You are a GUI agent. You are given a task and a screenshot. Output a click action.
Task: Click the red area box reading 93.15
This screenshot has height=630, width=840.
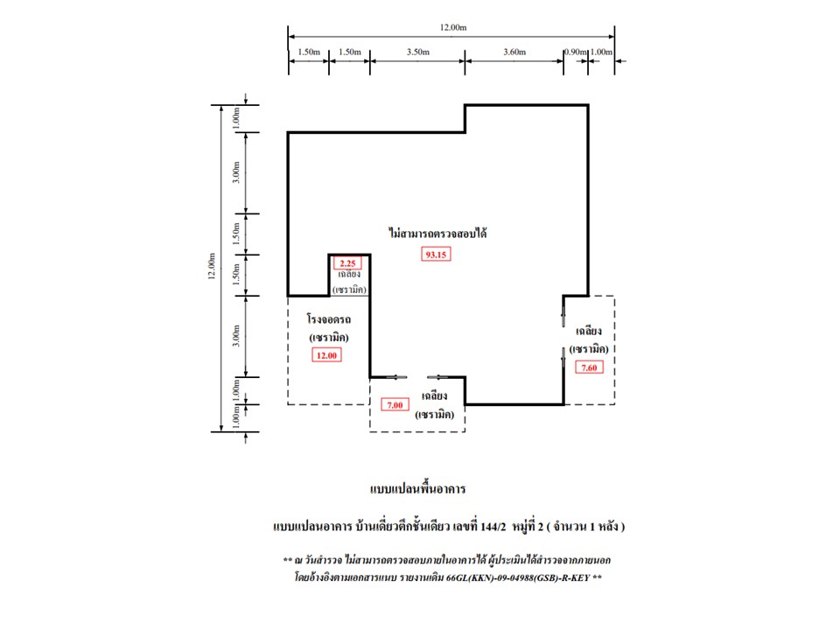436,255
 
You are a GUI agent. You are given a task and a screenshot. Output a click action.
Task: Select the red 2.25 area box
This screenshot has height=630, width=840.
347,263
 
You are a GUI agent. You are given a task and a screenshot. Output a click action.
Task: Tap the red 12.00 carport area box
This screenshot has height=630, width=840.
326,355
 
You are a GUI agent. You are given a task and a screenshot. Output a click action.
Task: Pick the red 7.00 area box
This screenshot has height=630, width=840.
395,405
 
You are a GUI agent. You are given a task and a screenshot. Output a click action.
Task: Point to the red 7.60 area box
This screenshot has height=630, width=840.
589,367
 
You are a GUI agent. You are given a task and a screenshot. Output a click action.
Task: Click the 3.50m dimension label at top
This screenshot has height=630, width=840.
418,52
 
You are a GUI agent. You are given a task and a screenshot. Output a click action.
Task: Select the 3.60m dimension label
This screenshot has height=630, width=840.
514,52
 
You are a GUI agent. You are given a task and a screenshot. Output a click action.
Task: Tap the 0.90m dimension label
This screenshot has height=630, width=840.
576,52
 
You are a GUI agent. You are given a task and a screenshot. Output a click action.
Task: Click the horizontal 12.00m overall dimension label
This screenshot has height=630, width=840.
453,27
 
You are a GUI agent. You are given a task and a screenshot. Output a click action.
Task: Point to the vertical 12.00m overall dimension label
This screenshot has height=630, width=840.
212,266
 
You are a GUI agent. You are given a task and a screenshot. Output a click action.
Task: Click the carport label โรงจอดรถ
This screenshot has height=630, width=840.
329,319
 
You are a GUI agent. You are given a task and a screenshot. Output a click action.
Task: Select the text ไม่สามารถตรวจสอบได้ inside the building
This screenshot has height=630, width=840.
437,233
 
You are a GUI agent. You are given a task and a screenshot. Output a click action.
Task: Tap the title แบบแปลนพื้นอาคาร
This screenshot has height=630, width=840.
418,488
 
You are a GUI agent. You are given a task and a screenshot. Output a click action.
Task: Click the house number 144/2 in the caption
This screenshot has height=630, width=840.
493,527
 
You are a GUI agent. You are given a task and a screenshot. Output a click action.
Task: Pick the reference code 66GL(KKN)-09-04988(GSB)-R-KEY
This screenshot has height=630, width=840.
518,577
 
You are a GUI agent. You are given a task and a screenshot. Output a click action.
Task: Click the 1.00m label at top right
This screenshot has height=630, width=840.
601,52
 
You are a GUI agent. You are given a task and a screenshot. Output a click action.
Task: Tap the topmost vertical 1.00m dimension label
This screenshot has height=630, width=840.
235,118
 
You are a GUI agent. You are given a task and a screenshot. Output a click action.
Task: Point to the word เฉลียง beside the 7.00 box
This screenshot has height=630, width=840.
435,395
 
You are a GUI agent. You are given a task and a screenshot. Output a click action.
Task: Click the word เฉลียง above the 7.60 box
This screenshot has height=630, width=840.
589,331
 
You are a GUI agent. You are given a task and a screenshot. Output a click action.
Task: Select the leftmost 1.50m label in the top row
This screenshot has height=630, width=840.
309,52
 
